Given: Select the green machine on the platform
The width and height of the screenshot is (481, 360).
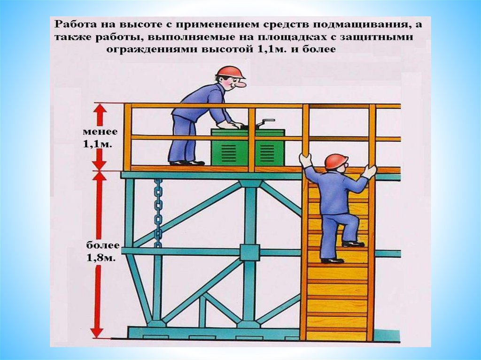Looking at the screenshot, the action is [248, 146].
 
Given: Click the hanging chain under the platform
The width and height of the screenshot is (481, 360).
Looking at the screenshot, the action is [158, 213].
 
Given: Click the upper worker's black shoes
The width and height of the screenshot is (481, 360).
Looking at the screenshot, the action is [187, 163].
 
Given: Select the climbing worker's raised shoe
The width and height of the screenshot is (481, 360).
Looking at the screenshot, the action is [353, 244].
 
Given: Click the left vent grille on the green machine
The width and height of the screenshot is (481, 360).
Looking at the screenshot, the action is [227, 151].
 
